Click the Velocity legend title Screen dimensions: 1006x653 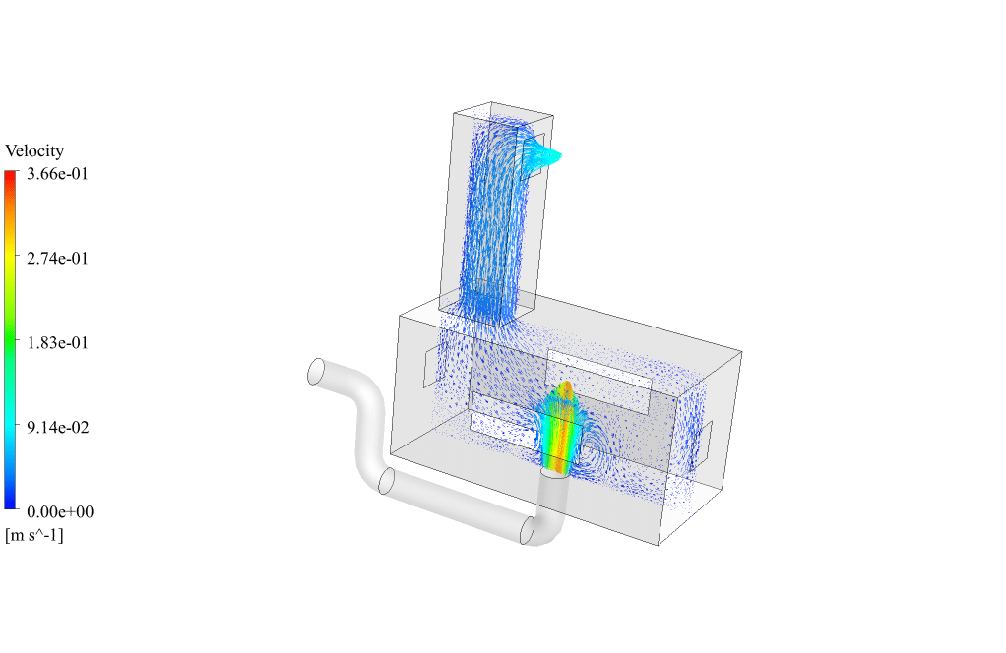click(x=34, y=151)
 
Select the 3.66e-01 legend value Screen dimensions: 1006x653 click(x=58, y=174)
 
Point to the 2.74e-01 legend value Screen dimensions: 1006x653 click(x=58, y=259)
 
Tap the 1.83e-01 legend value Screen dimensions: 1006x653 click(x=58, y=343)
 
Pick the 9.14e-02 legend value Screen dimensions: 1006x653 click(x=58, y=428)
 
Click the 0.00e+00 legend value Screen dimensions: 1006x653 click(x=60, y=512)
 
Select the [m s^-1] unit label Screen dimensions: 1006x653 click(x=34, y=535)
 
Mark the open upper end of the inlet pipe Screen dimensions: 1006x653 click(x=316, y=372)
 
